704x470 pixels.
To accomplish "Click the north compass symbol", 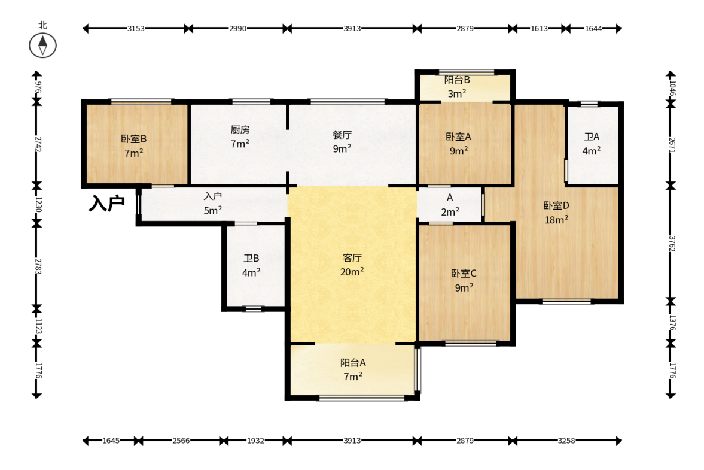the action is pyautogui.click(x=42, y=46).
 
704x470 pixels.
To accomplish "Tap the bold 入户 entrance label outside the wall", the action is pyautogui.click(x=106, y=203).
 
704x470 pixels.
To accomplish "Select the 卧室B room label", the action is pyautogui.click(x=134, y=139).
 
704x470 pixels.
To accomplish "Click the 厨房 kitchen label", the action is pyautogui.click(x=240, y=130).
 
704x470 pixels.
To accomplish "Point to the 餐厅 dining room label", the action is pyautogui.click(x=342, y=134).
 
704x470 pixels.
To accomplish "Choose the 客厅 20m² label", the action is pyautogui.click(x=352, y=265).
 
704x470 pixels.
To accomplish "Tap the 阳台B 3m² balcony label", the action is pyautogui.click(x=457, y=87).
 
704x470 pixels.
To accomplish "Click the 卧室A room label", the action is pyautogui.click(x=458, y=137).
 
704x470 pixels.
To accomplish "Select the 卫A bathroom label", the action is pyautogui.click(x=592, y=137).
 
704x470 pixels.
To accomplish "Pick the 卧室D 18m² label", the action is pyautogui.click(x=556, y=213).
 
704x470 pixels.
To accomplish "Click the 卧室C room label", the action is pyautogui.click(x=464, y=273).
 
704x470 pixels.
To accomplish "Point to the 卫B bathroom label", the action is pyautogui.click(x=251, y=259).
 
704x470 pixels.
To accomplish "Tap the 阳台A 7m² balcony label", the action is pyautogui.click(x=353, y=369).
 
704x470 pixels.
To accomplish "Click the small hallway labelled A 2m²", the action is pyautogui.click(x=450, y=204).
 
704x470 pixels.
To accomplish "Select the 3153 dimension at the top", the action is pyautogui.click(x=136, y=28).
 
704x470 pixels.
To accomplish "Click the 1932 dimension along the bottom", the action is pyautogui.click(x=255, y=441).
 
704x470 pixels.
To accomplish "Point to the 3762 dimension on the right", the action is pyautogui.click(x=671, y=244).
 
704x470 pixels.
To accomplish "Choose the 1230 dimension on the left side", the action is pyautogui.click(x=38, y=204).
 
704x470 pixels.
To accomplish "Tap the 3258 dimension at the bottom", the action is pyautogui.click(x=566, y=441).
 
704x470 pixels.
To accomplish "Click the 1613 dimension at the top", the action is pyautogui.click(x=540, y=28).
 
